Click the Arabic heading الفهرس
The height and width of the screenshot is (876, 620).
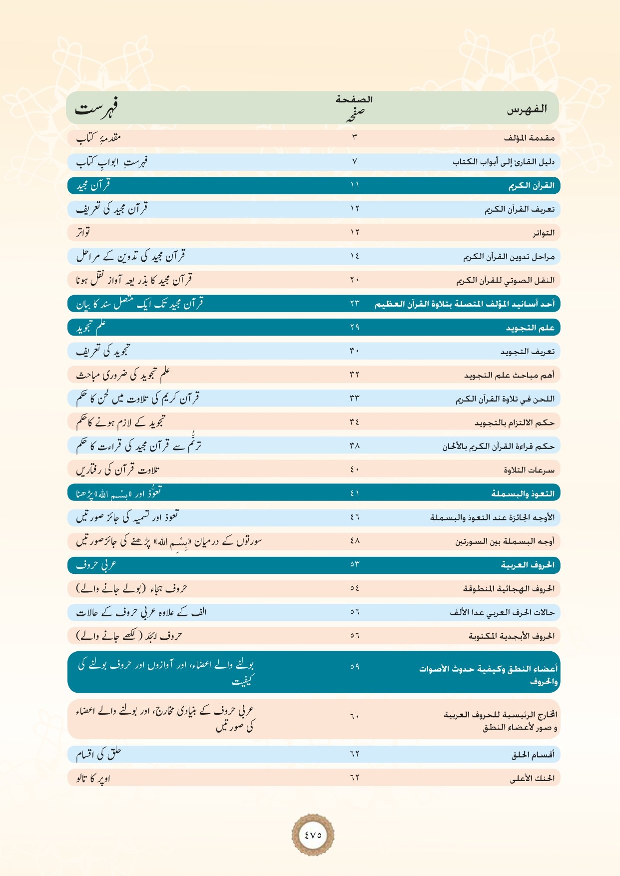(x=527, y=109)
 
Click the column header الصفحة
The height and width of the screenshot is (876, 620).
(x=354, y=99)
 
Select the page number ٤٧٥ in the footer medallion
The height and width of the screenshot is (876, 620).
(x=313, y=835)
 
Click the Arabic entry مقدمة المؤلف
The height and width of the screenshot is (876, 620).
(x=529, y=138)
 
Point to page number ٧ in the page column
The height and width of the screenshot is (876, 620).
(x=355, y=161)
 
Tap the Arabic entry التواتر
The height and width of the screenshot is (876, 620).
(x=543, y=233)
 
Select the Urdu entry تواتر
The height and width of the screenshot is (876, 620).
(x=83, y=232)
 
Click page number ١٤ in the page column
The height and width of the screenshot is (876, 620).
(x=355, y=256)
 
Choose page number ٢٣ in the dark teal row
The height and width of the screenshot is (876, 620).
(x=355, y=303)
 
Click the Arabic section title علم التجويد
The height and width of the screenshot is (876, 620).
(x=530, y=328)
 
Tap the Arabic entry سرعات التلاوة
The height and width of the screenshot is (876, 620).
(x=529, y=470)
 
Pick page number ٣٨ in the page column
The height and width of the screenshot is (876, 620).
(x=355, y=445)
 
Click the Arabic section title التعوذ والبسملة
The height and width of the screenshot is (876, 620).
(x=523, y=493)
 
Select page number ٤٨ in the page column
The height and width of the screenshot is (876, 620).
(x=355, y=540)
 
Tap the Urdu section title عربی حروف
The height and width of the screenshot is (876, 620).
(x=96, y=565)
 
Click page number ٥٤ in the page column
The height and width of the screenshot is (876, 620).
(x=355, y=588)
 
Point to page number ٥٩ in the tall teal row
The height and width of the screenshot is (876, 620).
(x=355, y=666)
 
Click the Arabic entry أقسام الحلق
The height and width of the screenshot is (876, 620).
(x=533, y=755)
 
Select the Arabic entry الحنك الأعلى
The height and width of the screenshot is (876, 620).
(x=532, y=778)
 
